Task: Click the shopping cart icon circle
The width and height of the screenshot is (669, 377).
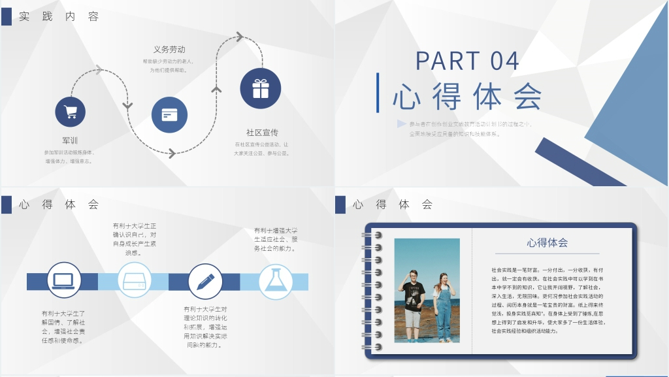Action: point(70,112)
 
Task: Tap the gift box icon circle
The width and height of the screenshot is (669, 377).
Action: point(261,88)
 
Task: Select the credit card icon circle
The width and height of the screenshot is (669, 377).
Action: point(169,115)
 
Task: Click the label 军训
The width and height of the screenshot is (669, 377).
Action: point(70,140)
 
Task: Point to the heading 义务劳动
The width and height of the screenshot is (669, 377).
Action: point(169,50)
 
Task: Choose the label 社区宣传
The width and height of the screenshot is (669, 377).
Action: point(262,133)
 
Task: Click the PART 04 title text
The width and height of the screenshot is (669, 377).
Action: point(467,61)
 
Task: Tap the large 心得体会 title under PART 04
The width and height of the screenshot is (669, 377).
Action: point(468,96)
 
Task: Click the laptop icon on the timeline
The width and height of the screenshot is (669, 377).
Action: point(63,281)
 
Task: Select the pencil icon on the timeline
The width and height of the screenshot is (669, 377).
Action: point(206,281)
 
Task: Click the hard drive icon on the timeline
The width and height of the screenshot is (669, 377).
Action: point(135,281)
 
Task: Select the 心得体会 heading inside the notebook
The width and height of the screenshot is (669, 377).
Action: point(547,243)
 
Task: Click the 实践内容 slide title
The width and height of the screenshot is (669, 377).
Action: point(59,17)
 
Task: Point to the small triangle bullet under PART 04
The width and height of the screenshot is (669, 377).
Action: point(400,123)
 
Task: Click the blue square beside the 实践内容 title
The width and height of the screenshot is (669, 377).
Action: point(6,17)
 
